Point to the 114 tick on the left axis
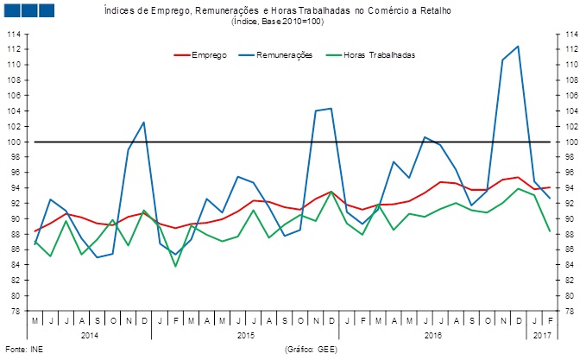click(x=15, y=34)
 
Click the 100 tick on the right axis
click(x=571, y=142)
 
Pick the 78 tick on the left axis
click(x=16, y=311)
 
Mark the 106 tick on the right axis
click(x=571, y=96)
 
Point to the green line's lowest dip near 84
click(x=175, y=265)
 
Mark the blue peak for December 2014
click(x=144, y=122)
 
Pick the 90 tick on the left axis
click(x=16, y=218)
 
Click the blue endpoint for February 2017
click(x=549, y=199)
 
